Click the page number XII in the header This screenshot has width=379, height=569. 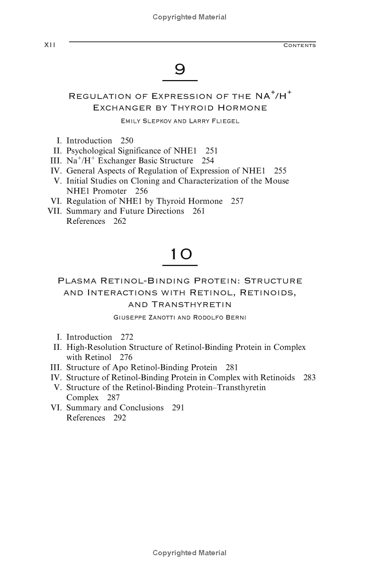pos(50,45)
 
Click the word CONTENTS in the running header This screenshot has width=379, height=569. pos(299,46)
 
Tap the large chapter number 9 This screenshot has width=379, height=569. pos(180,70)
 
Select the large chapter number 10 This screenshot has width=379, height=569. pos(180,255)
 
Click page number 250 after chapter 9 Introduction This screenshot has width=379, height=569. pos(127,141)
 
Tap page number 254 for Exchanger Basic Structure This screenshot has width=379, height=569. pos(208,161)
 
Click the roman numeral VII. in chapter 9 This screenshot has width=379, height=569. pos(55,211)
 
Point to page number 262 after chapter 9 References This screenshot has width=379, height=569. pos(120,221)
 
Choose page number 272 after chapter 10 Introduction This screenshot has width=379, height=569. pos(127,337)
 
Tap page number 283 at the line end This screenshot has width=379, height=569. pos(309,377)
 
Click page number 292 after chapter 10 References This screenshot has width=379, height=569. pos(120,418)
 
